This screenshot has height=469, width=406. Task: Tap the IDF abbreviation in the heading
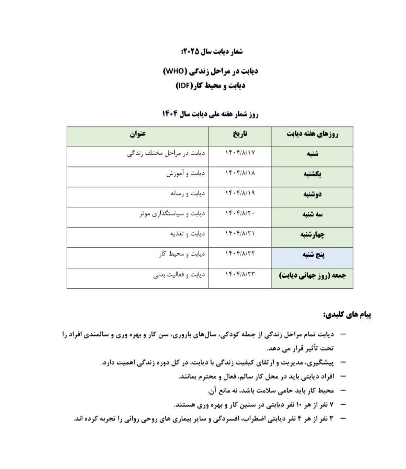tap(184, 86)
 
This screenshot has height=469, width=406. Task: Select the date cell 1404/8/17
tap(240, 153)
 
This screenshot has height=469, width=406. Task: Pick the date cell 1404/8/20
tap(240, 213)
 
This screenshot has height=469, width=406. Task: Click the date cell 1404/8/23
tap(240, 274)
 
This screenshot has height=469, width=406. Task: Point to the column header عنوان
tap(138, 133)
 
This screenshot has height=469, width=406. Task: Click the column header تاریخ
tap(240, 133)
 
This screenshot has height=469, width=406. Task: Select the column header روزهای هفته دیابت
tap(312, 134)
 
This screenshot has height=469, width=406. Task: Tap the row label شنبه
tap(312, 153)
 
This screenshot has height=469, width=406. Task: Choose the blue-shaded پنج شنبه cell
tap(312, 255)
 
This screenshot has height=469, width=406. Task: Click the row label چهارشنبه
tap(312, 234)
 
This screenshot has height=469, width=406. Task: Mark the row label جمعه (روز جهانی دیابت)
tap(312, 275)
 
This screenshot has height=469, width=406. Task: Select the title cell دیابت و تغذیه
tap(187, 233)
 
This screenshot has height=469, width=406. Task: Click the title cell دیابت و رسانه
tap(187, 193)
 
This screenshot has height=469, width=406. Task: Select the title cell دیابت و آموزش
tap(186, 173)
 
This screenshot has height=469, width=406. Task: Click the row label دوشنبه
tap(312, 194)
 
